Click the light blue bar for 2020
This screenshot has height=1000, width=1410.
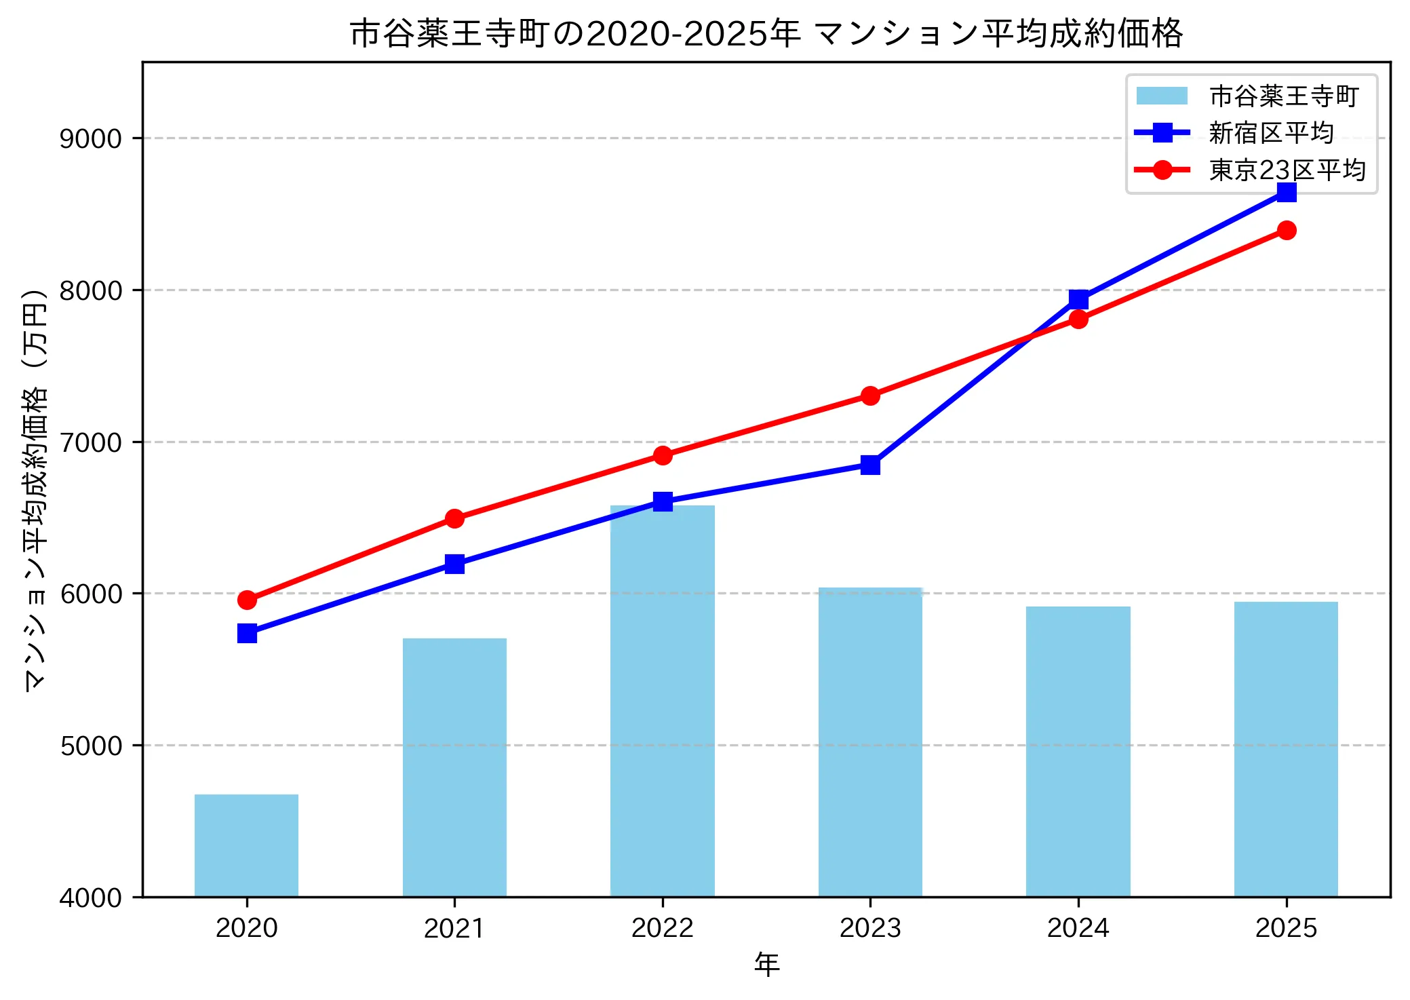click(x=246, y=845)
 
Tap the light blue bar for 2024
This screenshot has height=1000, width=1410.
click(x=1078, y=751)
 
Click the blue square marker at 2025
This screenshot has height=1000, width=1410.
click(x=1286, y=193)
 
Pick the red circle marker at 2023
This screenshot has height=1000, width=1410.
click(x=870, y=396)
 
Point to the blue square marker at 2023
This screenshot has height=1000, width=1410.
click(x=870, y=465)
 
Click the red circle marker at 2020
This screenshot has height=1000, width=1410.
click(x=247, y=600)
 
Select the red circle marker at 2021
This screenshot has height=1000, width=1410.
click(x=454, y=518)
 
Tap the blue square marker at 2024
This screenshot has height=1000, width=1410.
click(x=1078, y=299)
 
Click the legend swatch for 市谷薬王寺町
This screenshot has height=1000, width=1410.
click(x=1162, y=96)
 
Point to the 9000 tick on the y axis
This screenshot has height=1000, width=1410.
click(x=90, y=138)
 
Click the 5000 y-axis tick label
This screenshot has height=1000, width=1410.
click(x=90, y=746)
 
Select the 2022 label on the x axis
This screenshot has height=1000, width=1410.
click(x=662, y=927)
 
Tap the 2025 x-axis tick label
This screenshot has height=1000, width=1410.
click(x=1286, y=927)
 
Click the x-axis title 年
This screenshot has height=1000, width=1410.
click(x=766, y=964)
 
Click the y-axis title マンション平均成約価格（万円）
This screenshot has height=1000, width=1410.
click(x=35, y=490)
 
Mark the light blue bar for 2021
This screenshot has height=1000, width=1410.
click(x=454, y=767)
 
